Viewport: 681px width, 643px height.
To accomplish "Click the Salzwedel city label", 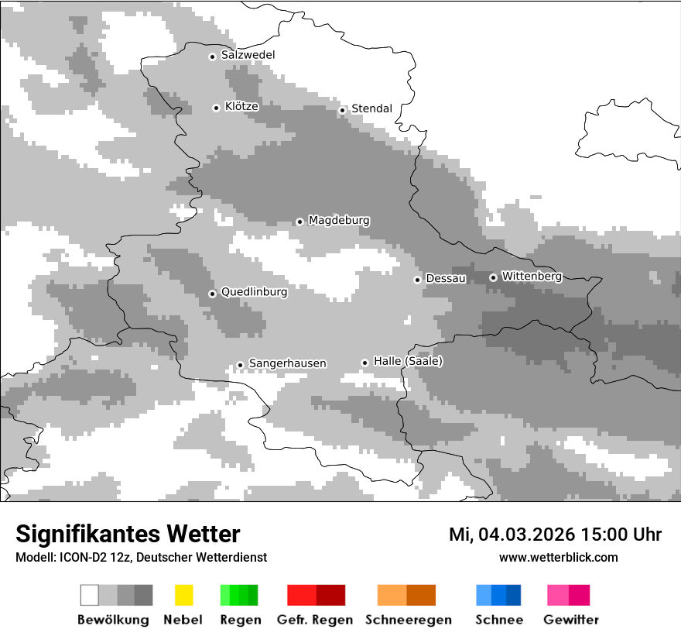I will (248, 55).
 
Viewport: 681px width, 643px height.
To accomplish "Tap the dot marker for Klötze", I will (216, 108).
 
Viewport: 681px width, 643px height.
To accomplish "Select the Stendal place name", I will (371, 108).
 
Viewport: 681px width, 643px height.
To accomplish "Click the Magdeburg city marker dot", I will (299, 222).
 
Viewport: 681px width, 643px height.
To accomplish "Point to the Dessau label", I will (446, 278).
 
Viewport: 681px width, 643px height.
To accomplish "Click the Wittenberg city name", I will (532, 276).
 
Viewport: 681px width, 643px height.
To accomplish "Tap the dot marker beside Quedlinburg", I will (212, 294).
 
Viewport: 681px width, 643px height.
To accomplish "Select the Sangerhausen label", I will (287, 363).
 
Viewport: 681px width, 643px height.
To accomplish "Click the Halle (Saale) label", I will (408, 361).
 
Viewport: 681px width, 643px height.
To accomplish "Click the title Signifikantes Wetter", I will (128, 534).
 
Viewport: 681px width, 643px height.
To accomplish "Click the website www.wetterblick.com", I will (558, 557).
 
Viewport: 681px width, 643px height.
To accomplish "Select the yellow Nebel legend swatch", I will (184, 595).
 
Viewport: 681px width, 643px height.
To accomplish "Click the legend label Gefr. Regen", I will (315, 620).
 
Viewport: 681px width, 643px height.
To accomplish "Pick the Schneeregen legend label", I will (408, 620).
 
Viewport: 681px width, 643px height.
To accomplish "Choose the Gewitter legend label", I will (571, 620).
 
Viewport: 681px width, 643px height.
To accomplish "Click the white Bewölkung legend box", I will (90, 595).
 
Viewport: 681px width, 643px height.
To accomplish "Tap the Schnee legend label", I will (498, 620).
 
